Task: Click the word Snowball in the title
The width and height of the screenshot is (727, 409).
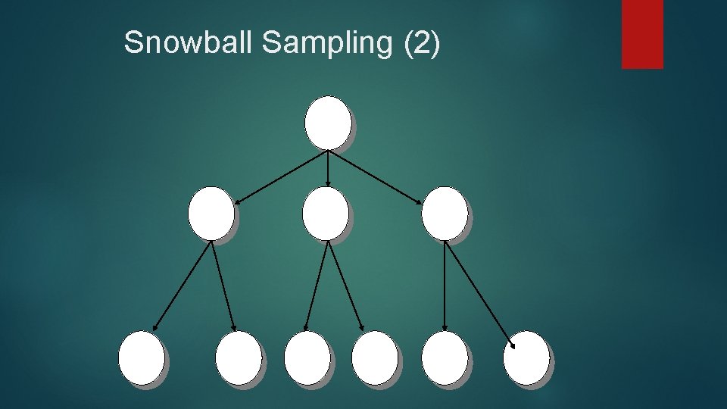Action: click(x=189, y=43)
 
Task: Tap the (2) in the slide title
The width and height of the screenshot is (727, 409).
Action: click(x=422, y=43)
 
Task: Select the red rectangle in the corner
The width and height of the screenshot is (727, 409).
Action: click(x=642, y=33)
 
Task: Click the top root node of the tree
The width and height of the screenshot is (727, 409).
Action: click(x=327, y=122)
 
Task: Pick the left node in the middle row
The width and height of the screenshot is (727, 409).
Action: click(x=211, y=213)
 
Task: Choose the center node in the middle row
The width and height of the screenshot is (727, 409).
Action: click(x=325, y=213)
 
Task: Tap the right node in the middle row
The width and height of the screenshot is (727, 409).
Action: click(x=445, y=213)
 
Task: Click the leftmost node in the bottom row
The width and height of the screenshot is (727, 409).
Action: click(x=141, y=357)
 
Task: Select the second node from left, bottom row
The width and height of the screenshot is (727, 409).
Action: click(x=238, y=357)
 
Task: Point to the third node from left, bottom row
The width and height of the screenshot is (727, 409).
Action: click(x=307, y=357)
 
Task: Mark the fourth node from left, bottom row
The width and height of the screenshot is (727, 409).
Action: click(x=375, y=357)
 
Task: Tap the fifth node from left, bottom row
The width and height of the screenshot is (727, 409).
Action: click(x=445, y=357)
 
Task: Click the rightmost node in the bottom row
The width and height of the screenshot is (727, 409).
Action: click(x=526, y=357)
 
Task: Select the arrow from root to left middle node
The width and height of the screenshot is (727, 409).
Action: click(x=280, y=176)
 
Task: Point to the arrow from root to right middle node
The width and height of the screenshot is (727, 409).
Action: click(x=375, y=176)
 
